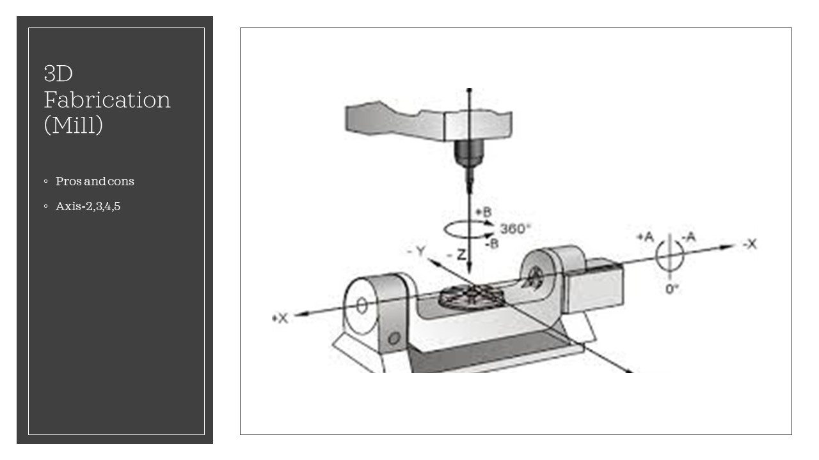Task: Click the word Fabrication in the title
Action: coord(107,100)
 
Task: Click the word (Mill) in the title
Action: coord(73,125)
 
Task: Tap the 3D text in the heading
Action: coord(58,74)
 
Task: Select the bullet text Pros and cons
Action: coord(95,181)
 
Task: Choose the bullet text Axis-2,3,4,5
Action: coord(88,206)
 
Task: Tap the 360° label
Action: coord(515,228)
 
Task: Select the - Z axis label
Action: coord(456,256)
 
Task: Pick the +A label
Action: coord(645,237)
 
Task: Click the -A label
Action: coord(688,237)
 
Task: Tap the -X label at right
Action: coord(749,244)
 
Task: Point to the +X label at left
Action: coord(280,318)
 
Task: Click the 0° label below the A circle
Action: coord(672,289)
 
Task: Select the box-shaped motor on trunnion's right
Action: coord(595,284)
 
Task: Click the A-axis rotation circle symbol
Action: coord(669,255)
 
